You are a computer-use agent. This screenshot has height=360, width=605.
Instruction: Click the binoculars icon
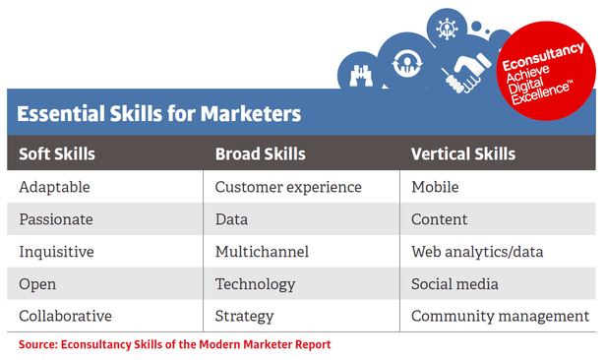pyautogui.click(x=357, y=71)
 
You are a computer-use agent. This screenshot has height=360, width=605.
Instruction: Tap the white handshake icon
pyautogui.click(x=467, y=70)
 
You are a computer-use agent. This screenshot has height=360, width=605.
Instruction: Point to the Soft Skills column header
pyautogui.click(x=58, y=154)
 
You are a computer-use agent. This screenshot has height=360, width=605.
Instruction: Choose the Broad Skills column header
pyautogui.click(x=260, y=154)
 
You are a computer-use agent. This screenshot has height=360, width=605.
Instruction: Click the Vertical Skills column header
pyautogui.click(x=462, y=154)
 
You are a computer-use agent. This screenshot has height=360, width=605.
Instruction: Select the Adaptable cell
pyautogui.click(x=54, y=187)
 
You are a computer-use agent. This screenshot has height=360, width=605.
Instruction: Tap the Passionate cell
pyautogui.click(x=56, y=219)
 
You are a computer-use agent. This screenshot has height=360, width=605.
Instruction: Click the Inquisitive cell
pyautogui.click(x=56, y=252)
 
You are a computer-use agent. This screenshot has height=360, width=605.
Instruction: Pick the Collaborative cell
pyautogui.click(x=65, y=317)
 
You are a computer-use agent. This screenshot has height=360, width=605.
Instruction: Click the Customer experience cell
pyautogui.click(x=288, y=187)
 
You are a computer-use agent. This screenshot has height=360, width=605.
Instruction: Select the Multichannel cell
pyautogui.click(x=262, y=252)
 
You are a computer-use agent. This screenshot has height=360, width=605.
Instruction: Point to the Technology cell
pyautogui.click(x=255, y=284)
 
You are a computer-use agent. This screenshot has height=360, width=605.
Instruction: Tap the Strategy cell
pyautogui.click(x=246, y=317)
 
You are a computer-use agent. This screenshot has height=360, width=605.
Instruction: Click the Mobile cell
pyautogui.click(x=435, y=187)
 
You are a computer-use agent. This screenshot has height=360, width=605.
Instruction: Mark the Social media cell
pyautogui.click(x=454, y=284)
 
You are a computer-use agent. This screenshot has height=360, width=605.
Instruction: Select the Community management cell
pyautogui.click(x=500, y=317)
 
